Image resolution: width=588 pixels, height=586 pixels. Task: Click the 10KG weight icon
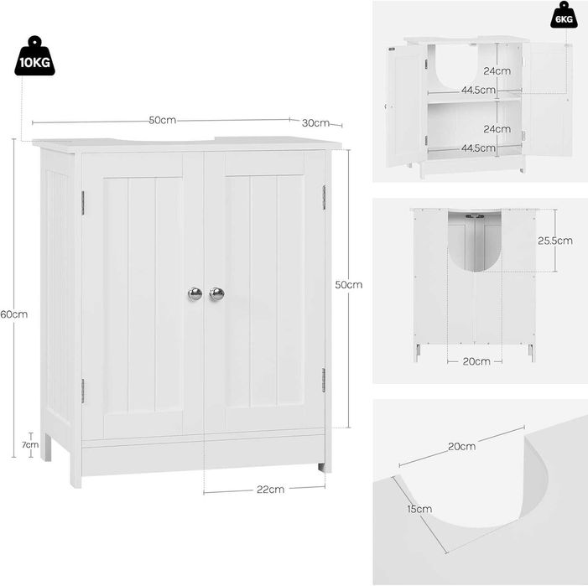coord(34,56)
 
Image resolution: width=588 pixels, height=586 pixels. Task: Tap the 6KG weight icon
coord(564,15)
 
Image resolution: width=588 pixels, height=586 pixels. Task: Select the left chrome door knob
coord(195,293)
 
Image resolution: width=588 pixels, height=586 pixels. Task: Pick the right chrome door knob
coord(216,293)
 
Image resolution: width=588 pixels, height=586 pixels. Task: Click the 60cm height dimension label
coord(14,314)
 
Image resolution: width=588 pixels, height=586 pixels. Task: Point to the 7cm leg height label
coord(30,445)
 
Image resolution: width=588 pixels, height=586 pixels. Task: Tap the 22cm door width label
coord(270,490)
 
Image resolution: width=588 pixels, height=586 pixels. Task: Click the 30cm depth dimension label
coord(315,123)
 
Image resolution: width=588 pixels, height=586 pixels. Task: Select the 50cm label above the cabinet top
coord(163,120)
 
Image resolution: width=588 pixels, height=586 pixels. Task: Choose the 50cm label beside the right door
coord(349,285)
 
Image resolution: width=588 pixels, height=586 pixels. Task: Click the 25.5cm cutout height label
coord(555,241)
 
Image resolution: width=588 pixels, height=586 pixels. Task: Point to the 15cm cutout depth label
coord(419,509)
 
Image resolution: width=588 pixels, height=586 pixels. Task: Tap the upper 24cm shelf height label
coord(497,70)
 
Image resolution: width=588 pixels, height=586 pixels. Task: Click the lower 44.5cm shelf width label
coord(478,148)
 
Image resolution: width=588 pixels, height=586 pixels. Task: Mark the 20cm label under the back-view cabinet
coord(476,361)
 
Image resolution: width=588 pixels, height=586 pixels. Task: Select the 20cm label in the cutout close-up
coord(461,447)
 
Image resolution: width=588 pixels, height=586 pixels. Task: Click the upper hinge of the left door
coord(83,203)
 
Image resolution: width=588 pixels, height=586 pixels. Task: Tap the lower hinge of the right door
coord(324,380)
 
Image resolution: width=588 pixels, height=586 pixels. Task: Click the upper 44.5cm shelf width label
coord(478,90)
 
